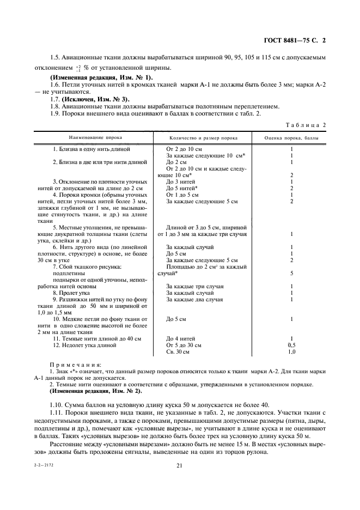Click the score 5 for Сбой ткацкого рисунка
(292, 273)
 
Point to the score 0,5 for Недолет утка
(292, 345)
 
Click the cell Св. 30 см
(178, 352)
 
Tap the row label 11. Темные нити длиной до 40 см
(97, 338)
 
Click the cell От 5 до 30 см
(184, 345)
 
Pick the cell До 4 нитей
(181, 338)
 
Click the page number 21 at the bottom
(179, 465)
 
